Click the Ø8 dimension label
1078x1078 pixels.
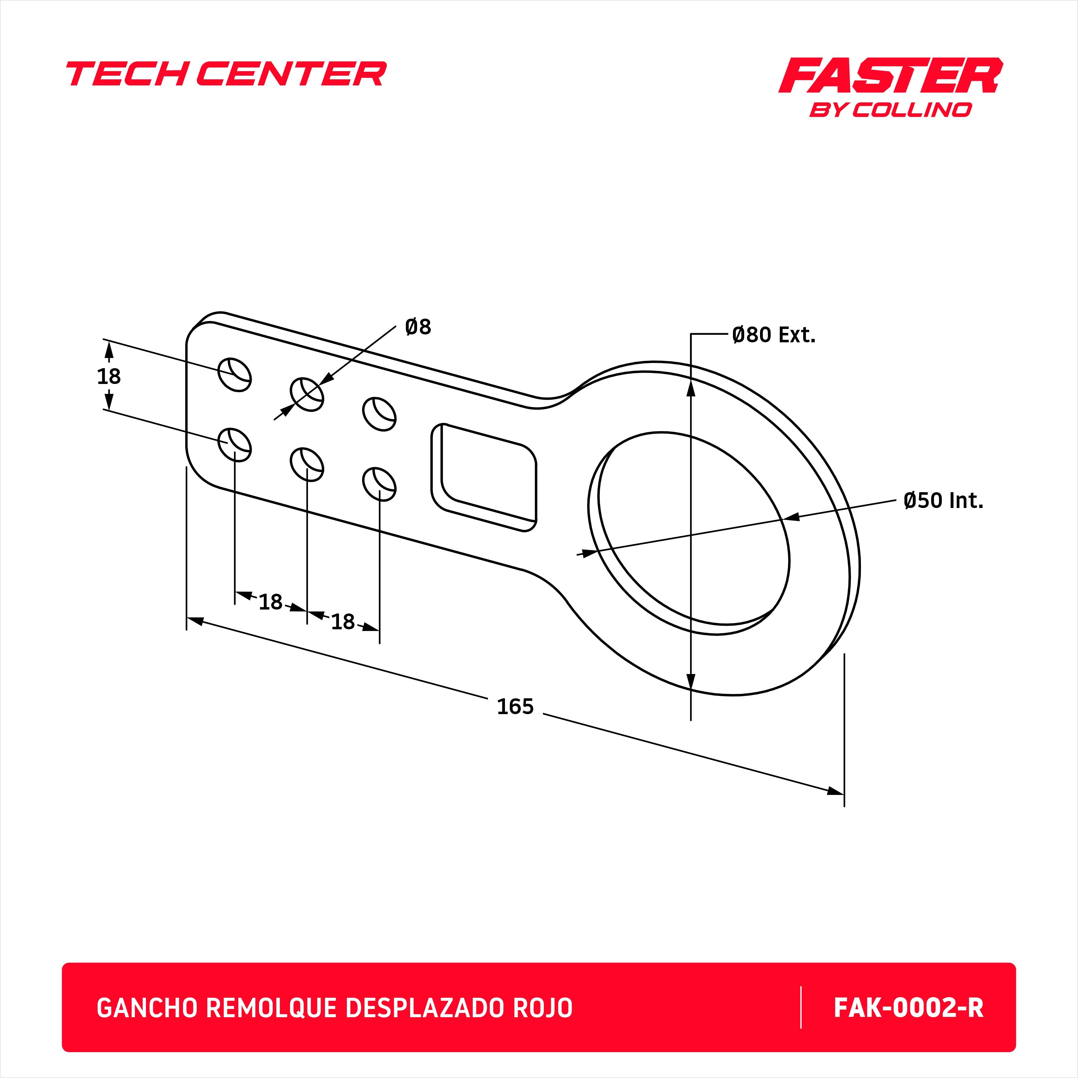click(418, 327)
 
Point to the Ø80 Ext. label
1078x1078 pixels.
click(773, 335)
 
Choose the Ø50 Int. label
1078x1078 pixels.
click(943, 500)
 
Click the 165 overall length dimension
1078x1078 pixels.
click(515, 707)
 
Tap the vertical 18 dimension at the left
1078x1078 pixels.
click(109, 377)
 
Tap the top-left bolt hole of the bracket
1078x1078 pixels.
click(234, 375)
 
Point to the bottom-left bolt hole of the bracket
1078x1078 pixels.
click(234, 444)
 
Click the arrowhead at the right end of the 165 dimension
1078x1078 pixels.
click(835, 791)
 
